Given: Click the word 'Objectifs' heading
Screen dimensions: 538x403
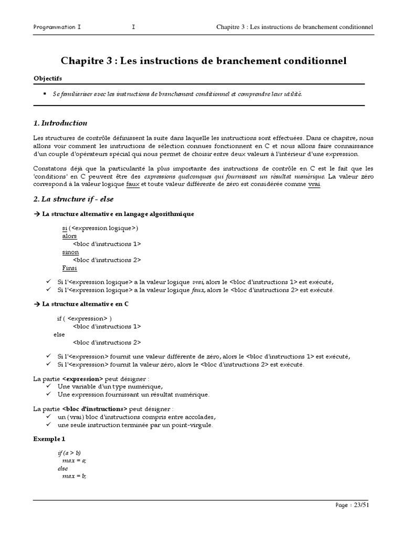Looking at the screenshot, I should tap(47, 78).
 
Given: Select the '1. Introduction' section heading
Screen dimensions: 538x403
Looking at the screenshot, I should tap(60, 123).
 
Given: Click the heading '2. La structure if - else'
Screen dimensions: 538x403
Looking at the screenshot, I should tap(73, 199).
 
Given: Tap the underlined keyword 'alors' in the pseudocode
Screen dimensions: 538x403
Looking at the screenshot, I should tap(69, 236).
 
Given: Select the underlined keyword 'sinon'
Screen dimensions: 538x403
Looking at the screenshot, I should tap(70, 252).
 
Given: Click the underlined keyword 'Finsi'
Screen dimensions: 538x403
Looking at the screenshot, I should tap(69, 267).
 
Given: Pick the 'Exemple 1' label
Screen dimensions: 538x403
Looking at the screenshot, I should tap(49, 438).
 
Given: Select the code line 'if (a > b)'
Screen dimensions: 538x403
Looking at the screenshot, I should tap(69, 452).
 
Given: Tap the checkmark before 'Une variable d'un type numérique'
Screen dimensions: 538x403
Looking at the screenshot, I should tap(48, 387).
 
